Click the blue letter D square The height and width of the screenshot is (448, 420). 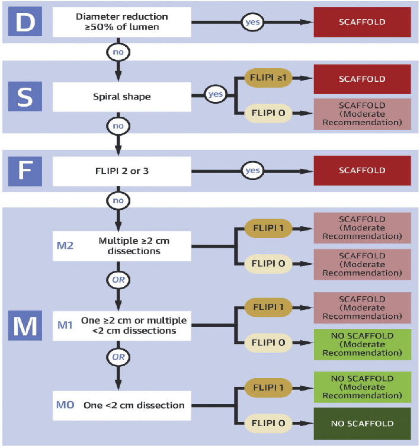[x=25, y=22]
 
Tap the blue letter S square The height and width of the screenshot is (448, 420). [x=25, y=97]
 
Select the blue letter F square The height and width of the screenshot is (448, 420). [x=25, y=171]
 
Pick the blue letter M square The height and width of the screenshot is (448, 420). [x=25, y=325]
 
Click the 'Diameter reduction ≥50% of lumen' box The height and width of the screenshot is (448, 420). [x=122, y=22]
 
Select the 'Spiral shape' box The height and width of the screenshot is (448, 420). [x=122, y=97]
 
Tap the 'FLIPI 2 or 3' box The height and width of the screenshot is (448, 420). [x=122, y=171]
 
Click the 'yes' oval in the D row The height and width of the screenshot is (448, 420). [x=253, y=22]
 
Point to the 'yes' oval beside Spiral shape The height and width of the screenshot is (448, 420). [x=216, y=94]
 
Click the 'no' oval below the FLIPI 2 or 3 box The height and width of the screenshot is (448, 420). [x=118, y=200]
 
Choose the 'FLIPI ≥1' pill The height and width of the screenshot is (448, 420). [x=268, y=78]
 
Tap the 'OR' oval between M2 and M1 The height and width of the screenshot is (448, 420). [x=118, y=280]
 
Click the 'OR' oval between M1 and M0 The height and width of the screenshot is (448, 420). [x=118, y=357]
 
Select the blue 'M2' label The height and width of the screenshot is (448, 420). [x=65, y=246]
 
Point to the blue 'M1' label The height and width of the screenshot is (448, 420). [x=65, y=325]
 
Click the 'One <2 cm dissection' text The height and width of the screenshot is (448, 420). [x=134, y=405]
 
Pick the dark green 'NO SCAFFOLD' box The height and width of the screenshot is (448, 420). [x=363, y=424]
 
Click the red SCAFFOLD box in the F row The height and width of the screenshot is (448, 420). [x=363, y=171]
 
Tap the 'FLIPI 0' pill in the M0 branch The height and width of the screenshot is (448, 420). [x=268, y=423]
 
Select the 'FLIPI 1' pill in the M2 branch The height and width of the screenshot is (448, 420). [x=268, y=228]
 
